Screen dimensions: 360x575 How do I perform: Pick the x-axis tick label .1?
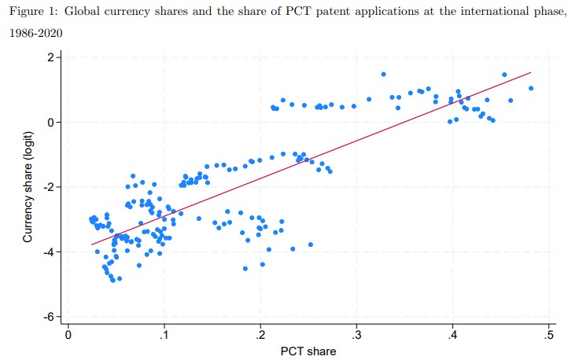pos(164,336)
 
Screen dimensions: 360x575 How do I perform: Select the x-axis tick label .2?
pos(260,336)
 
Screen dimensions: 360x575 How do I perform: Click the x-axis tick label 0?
pos(68,336)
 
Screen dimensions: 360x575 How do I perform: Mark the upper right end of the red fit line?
pos(532,72)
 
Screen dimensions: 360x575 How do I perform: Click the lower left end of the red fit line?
pos(91,245)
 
